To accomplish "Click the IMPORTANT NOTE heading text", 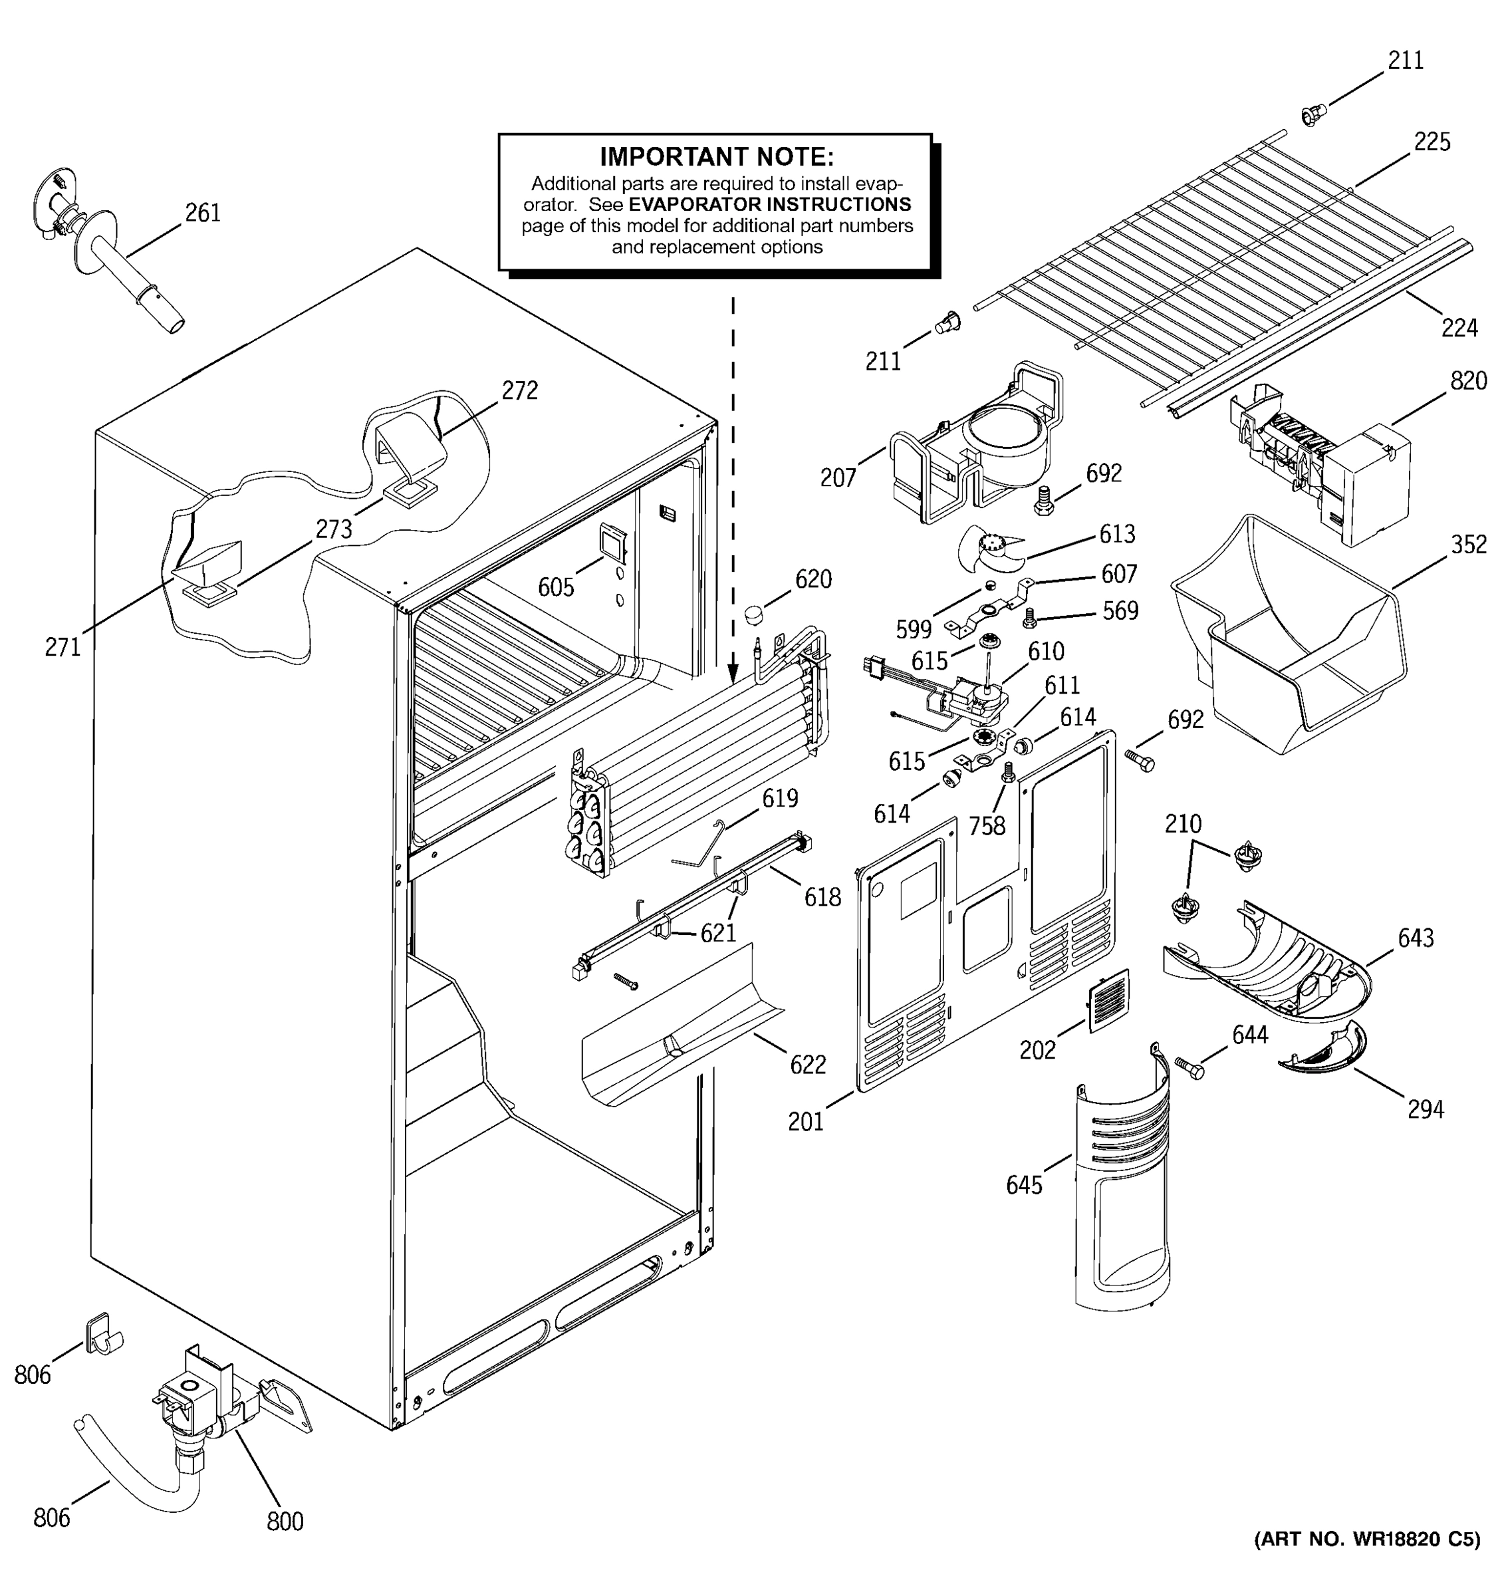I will tap(716, 156).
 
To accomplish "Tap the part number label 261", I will tap(202, 213).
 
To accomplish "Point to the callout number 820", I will tap(1468, 380).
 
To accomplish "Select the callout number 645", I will tap(1023, 1185).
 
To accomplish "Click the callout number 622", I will tap(807, 1065).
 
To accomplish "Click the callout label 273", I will tap(333, 529).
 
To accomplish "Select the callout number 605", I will tap(555, 587).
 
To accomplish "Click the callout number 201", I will tap(805, 1122).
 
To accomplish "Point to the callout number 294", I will tap(1426, 1109).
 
